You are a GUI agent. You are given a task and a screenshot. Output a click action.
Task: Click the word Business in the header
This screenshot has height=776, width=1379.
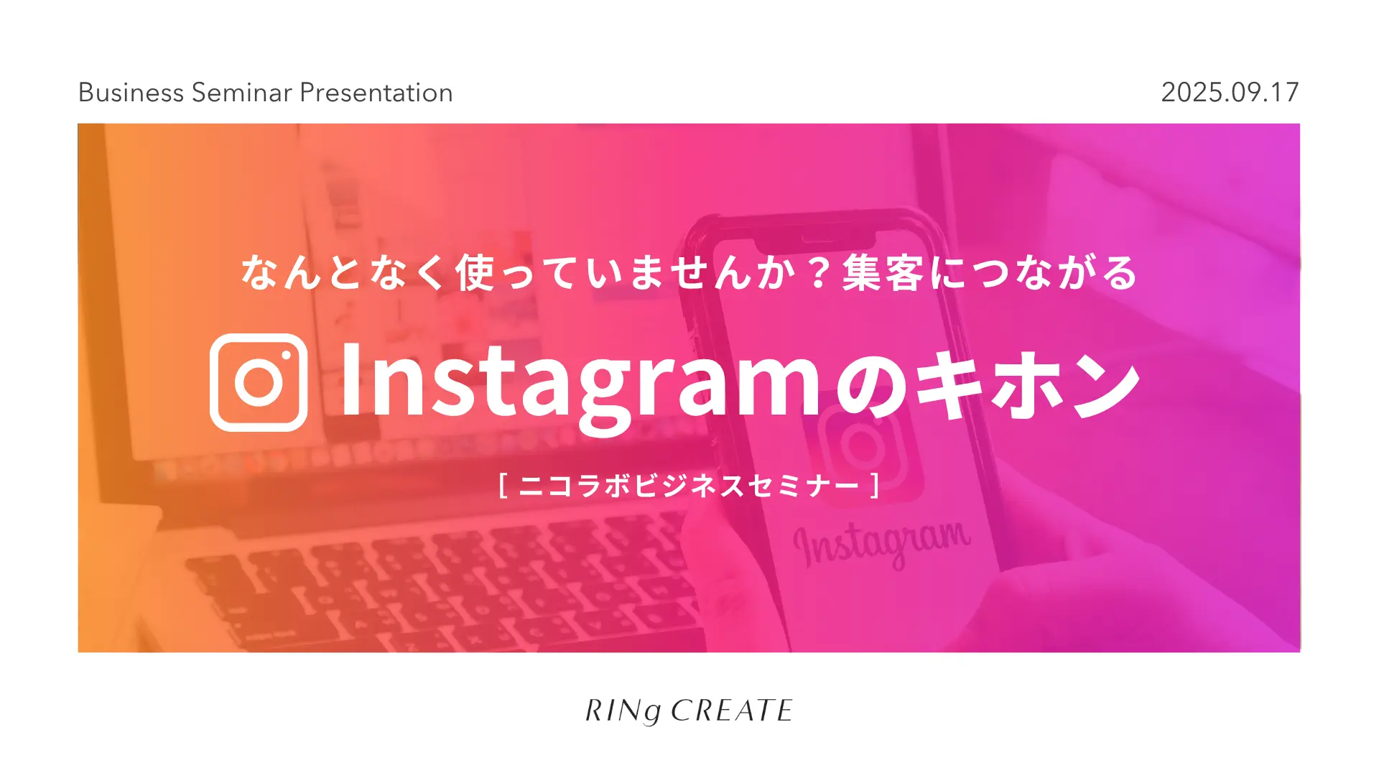click(131, 93)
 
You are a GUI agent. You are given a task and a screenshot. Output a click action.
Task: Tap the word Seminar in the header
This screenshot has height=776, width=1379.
click(242, 93)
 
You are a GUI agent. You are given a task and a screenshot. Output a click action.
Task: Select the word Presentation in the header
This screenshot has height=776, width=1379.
click(376, 93)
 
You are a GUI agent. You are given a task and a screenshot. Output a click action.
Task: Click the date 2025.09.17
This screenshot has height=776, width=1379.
click(1230, 92)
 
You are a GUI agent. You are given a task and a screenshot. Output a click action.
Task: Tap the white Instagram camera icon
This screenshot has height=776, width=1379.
click(259, 382)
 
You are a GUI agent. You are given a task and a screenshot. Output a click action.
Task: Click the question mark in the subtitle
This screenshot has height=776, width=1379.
click(818, 274)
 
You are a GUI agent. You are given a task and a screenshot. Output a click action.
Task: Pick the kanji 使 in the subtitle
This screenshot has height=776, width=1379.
click(475, 273)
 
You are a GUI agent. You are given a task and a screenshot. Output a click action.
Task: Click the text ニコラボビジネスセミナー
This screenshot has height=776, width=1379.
click(689, 486)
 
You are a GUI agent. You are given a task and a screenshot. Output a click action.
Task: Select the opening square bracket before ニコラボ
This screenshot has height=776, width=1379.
click(503, 485)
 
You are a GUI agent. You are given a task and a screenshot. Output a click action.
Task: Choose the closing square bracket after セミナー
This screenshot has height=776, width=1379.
click(876, 485)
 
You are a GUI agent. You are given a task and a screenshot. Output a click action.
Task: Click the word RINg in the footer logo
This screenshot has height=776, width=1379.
click(623, 711)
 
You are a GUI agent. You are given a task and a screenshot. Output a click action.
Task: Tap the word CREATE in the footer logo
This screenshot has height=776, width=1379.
click(731, 711)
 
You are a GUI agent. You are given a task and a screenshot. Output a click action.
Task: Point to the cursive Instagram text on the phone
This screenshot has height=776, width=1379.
click(882, 542)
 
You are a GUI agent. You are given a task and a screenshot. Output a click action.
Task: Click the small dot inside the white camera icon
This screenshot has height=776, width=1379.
click(286, 355)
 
